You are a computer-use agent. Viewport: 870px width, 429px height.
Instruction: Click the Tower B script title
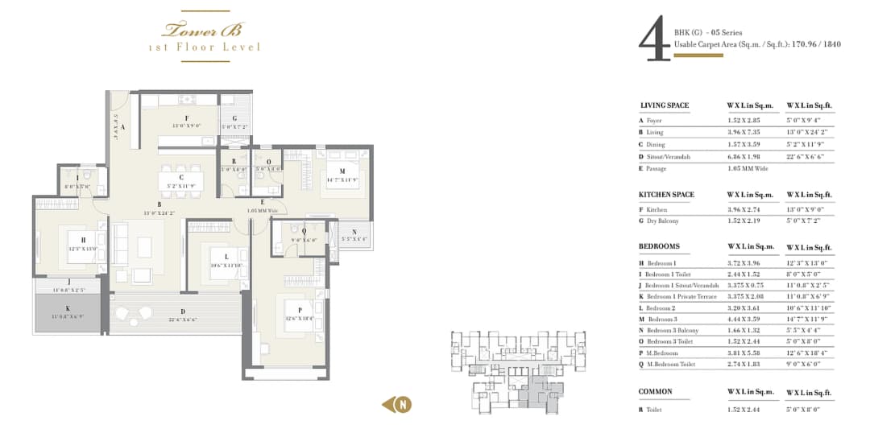coord(204,31)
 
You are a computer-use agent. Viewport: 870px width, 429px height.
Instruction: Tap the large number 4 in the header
coord(652,42)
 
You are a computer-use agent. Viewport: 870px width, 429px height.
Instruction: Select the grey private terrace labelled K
coord(68,312)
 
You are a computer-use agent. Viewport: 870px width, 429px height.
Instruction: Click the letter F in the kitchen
coord(186,118)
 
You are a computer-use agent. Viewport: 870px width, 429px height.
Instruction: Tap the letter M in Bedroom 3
coord(342,171)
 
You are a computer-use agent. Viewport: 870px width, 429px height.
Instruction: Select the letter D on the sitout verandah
coord(182,312)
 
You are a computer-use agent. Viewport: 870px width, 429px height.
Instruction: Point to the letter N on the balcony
coord(354,231)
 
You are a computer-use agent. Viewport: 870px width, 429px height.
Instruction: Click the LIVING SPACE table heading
coord(665,105)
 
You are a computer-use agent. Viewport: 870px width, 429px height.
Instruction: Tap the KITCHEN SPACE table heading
coord(666,195)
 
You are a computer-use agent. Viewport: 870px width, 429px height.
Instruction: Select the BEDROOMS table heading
coord(660,246)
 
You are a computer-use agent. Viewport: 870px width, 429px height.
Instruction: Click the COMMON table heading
coord(656,392)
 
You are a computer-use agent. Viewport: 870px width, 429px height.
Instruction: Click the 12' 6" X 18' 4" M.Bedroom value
coord(809,353)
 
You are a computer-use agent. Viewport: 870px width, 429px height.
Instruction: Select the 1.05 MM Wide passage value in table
coord(747,168)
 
